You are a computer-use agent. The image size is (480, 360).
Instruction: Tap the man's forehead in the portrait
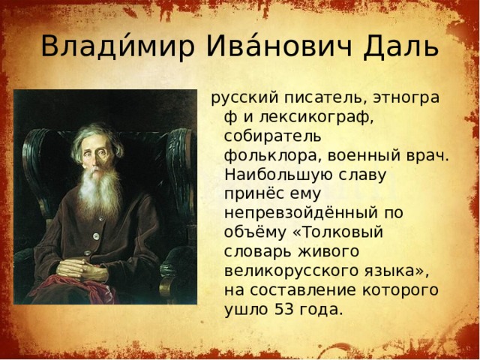point(95,139)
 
